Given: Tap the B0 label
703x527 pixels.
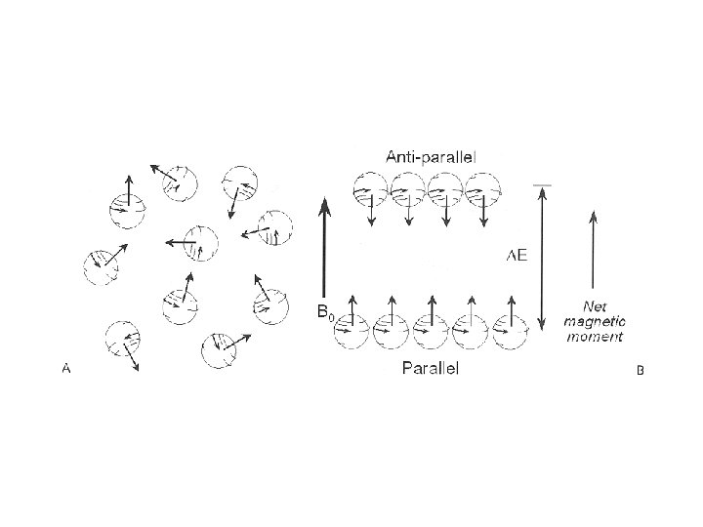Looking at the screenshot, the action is click(x=326, y=312).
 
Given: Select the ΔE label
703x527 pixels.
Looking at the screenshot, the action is click(x=517, y=255).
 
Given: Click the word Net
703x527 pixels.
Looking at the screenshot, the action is click(x=595, y=304).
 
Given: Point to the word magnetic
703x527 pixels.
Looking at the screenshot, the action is click(x=594, y=320).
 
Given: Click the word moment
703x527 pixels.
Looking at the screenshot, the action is click(x=594, y=336).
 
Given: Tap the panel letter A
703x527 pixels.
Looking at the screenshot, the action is click(x=65, y=368).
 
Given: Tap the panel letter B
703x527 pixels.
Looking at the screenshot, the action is click(x=640, y=371).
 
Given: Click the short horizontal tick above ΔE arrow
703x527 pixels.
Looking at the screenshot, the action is click(x=541, y=183).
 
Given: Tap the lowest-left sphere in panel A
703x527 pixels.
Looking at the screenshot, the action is click(x=121, y=340).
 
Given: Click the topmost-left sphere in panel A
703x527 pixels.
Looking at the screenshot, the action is click(x=127, y=206).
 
